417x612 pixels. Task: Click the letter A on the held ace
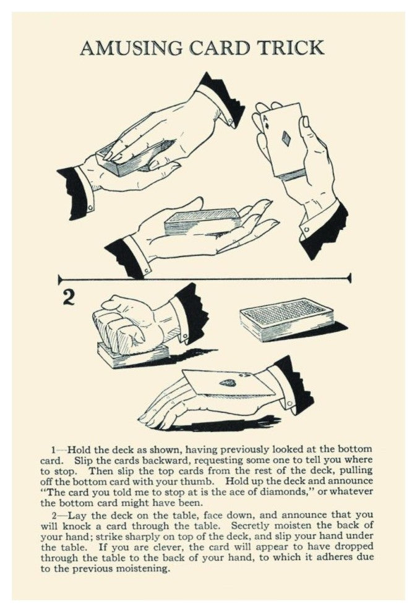[x=265, y=118]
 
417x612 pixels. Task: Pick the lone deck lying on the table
[x=287, y=319]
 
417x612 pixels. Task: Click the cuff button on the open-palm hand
[x=147, y=270]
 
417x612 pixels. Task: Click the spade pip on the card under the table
[x=228, y=383]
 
